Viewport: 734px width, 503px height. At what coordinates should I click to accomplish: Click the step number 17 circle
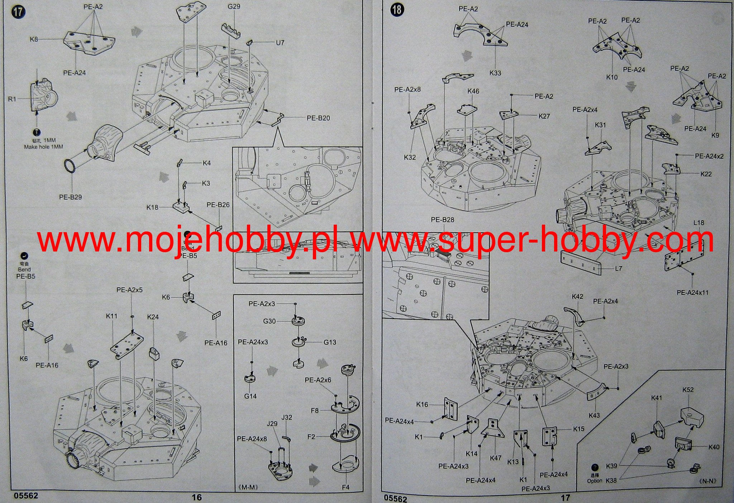pos(19,11)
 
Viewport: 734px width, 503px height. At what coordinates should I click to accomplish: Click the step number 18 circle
pos(397,10)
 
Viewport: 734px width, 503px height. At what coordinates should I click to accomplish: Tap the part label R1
pos(13,99)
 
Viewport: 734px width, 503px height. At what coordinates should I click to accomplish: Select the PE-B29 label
pos(71,197)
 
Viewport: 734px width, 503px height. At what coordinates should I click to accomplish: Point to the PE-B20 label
pos(318,118)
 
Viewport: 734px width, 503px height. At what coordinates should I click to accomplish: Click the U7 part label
pos(280,43)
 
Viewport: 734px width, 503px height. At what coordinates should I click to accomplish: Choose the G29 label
pos(234,7)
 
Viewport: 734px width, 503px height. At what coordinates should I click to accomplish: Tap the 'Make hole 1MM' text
pos(43,147)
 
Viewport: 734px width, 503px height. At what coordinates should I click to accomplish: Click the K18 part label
pos(152,207)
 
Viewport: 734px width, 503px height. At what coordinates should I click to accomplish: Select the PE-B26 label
pos(218,205)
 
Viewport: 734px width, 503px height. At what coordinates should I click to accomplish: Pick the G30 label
pos(270,321)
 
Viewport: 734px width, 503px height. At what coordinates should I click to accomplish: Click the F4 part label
pos(345,487)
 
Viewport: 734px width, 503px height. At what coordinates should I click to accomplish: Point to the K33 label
pos(495,73)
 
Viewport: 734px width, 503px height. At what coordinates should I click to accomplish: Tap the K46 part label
pos(473,91)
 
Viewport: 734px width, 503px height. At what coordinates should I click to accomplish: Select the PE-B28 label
pos(442,220)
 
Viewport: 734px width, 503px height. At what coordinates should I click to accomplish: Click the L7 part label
pos(618,268)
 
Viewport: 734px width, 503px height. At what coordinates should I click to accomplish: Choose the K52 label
pos(688,390)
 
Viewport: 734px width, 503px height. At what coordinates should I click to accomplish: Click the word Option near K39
pos(595,481)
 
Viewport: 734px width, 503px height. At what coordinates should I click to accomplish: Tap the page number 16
pos(197,497)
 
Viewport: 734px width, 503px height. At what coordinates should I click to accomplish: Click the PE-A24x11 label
pos(692,293)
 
